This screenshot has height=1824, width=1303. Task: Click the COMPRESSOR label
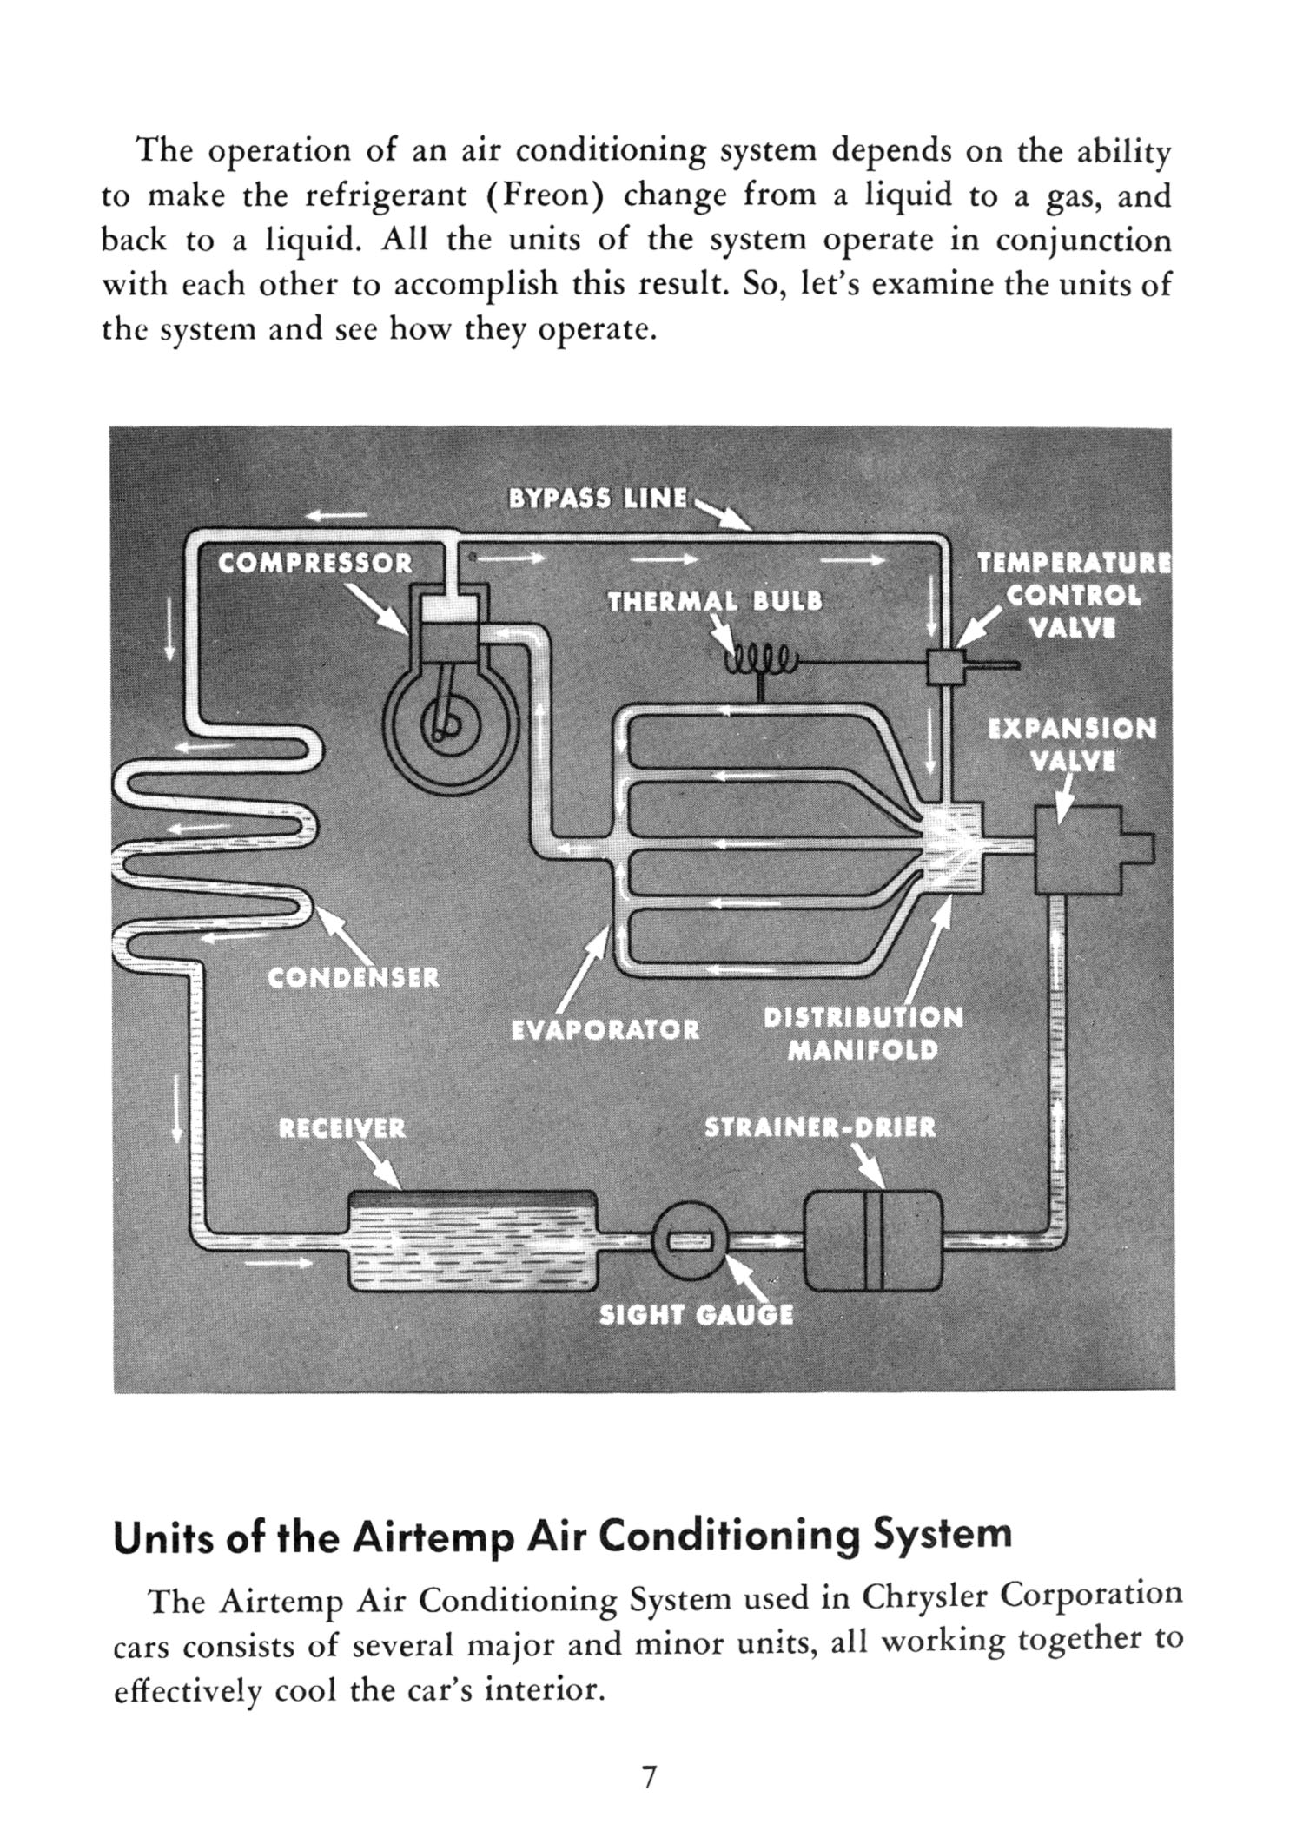[x=314, y=564]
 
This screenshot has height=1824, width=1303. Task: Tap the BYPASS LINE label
[x=598, y=499]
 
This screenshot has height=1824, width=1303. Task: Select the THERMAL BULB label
[x=715, y=602]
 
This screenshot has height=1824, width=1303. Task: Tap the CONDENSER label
[x=354, y=979]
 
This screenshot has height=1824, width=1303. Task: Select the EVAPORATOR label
[x=605, y=1030]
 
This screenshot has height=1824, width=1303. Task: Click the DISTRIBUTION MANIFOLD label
[x=863, y=1034]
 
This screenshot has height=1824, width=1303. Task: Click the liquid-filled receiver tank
[x=473, y=1240]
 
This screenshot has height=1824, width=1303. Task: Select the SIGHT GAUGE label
[x=697, y=1315]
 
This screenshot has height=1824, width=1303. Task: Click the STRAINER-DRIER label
[x=820, y=1128]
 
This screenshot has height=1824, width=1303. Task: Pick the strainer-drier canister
[x=873, y=1240]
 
